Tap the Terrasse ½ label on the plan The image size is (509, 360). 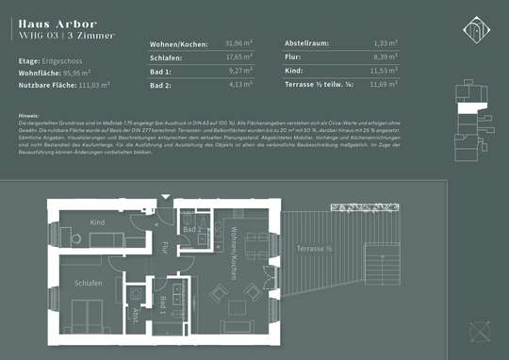[315, 248]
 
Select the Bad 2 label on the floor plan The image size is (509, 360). [191, 230]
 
